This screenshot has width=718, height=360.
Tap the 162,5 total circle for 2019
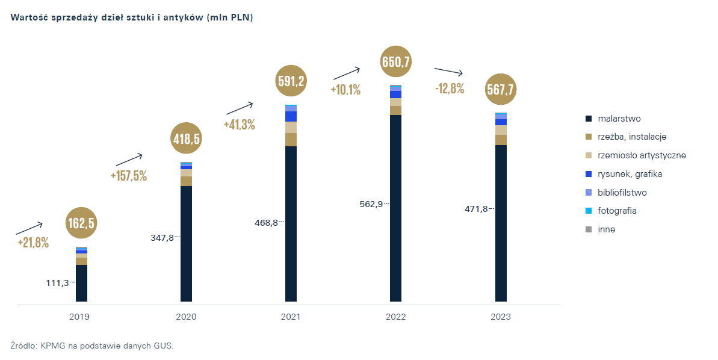[81, 223]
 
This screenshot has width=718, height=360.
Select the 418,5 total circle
[186, 138]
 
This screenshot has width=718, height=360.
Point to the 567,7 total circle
[501, 89]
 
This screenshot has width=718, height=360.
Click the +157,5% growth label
[129, 176]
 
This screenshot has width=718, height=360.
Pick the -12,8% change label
[450, 88]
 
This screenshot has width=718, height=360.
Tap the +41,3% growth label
[239, 125]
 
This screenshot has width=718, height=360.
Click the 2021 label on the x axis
[291, 317]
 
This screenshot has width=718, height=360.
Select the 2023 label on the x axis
[501, 317]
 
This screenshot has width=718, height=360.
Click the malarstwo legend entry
[619, 119]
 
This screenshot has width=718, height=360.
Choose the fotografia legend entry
[617, 211]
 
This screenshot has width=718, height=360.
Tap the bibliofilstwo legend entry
[622, 193]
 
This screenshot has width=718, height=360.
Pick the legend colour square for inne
[589, 229]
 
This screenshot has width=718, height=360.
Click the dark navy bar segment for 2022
[396, 208]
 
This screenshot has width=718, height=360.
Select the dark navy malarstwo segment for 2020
[186, 243]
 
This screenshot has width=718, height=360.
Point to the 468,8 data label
[267, 223]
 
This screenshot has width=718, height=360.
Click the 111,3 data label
[57, 282]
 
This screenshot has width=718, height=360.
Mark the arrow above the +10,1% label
[347, 73]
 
